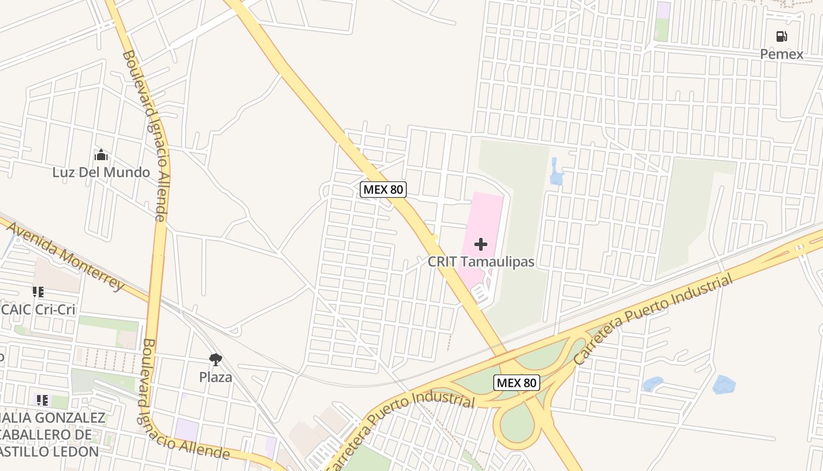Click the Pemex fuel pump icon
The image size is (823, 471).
(x=781, y=37)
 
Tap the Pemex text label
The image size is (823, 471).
(x=781, y=54)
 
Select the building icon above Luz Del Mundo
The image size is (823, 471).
(x=101, y=155)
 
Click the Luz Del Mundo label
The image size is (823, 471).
(x=101, y=173)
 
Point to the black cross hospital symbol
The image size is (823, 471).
(x=481, y=244)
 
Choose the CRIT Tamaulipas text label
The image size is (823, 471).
(x=481, y=261)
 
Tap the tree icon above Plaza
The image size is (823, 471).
(x=216, y=359)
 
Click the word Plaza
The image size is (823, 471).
(x=216, y=377)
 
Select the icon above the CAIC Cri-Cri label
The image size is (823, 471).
(x=38, y=292)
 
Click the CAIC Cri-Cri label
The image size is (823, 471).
(x=39, y=309)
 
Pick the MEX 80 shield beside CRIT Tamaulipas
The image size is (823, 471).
(x=383, y=190)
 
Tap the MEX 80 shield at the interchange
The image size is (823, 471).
(x=517, y=383)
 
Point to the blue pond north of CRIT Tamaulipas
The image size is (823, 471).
(x=556, y=173)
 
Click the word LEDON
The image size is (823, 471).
(x=76, y=452)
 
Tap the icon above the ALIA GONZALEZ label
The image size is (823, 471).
(x=42, y=401)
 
